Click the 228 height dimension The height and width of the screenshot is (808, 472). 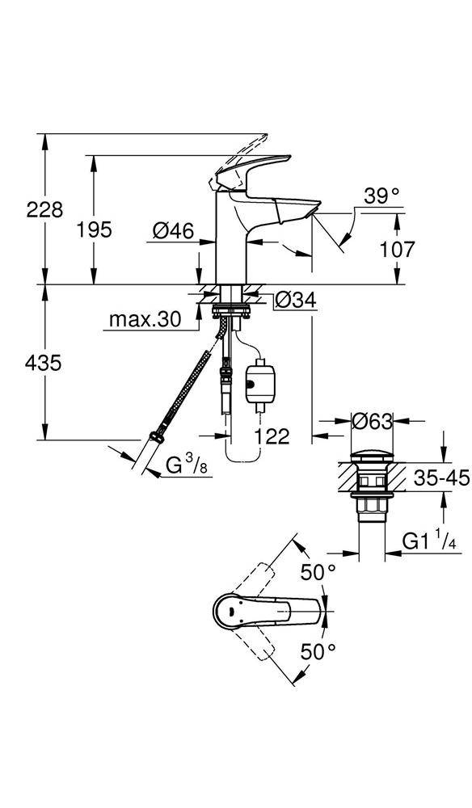point(45,210)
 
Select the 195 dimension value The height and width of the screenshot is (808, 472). point(95,230)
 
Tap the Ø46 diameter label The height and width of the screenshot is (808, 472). point(173,231)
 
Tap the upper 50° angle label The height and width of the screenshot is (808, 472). point(318,573)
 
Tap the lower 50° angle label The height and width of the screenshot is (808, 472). point(318,650)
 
